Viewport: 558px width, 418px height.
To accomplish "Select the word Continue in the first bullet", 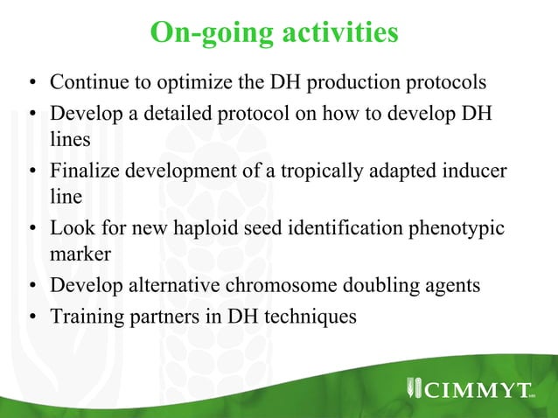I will [x=86, y=83].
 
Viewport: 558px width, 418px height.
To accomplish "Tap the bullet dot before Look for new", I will [x=31, y=230].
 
